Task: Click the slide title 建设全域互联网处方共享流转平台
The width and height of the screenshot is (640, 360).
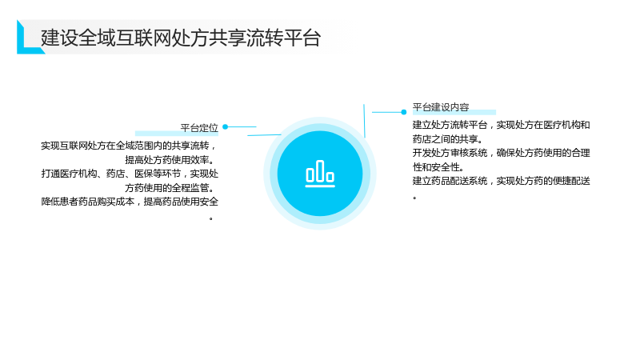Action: (x=181, y=38)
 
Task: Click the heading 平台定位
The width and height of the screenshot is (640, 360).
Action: (x=199, y=128)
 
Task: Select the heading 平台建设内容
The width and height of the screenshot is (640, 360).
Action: (x=441, y=107)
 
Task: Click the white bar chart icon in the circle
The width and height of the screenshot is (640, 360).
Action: (x=320, y=174)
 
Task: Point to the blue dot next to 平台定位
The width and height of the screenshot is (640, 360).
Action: (x=226, y=127)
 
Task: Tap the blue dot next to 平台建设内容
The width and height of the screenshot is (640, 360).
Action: (x=404, y=112)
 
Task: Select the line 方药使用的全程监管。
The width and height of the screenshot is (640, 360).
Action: (x=170, y=188)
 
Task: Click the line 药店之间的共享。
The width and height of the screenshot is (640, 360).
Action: (x=448, y=139)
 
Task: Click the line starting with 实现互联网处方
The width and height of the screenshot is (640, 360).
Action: (x=129, y=146)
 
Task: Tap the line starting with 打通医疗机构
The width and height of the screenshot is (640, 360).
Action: (x=130, y=174)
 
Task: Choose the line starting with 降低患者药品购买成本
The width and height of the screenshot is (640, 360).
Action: (x=130, y=202)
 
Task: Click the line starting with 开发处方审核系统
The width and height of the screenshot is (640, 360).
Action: (x=502, y=153)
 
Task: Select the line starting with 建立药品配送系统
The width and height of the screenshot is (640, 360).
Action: (x=502, y=181)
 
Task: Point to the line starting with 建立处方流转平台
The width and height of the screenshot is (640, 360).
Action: (x=502, y=125)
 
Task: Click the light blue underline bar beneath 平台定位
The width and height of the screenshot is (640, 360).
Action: (x=177, y=134)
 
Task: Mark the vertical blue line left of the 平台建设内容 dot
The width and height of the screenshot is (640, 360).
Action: (x=364, y=121)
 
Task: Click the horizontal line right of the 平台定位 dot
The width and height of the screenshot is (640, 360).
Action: (x=242, y=127)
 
